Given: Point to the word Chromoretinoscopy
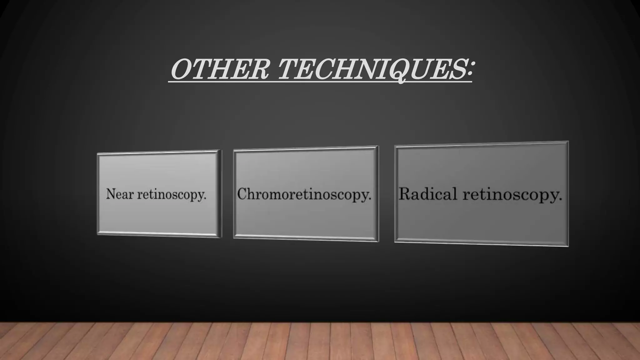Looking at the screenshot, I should click(x=304, y=194).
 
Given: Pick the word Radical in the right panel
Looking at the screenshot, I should click(x=427, y=194).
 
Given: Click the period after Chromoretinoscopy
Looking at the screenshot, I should click(x=370, y=198).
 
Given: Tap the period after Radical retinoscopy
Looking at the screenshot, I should click(x=560, y=199).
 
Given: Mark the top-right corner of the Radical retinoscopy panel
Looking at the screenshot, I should click(x=568, y=142).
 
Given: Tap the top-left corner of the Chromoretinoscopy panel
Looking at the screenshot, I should click(x=234, y=150).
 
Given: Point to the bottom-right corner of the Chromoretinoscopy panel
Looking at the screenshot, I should click(x=378, y=241).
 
